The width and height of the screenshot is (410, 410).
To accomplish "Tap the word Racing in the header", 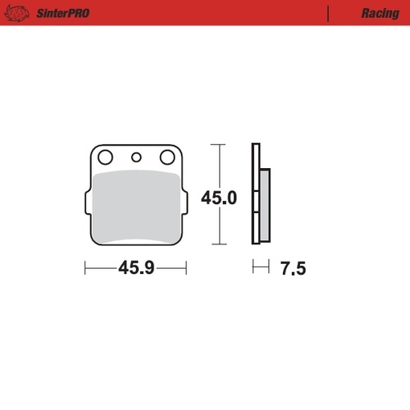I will click(380, 14).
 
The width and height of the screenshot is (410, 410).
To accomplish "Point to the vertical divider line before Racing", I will click(328, 14).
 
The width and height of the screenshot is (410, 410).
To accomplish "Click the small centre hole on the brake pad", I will click(136, 157).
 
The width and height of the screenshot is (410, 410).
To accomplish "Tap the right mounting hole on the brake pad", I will click(168, 157).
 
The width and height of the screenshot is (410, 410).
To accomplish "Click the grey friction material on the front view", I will click(136, 205).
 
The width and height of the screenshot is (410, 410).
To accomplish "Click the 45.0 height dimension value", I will click(219, 198).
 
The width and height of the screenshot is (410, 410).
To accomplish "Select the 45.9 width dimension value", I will click(135, 268).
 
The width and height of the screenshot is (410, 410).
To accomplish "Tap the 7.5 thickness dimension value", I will click(292, 268).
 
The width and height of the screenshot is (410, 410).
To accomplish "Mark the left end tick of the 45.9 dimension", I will click(85, 268).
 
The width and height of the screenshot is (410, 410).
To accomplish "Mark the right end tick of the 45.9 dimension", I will click(187, 268).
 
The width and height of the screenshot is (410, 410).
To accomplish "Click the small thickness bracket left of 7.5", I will click(261, 268).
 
